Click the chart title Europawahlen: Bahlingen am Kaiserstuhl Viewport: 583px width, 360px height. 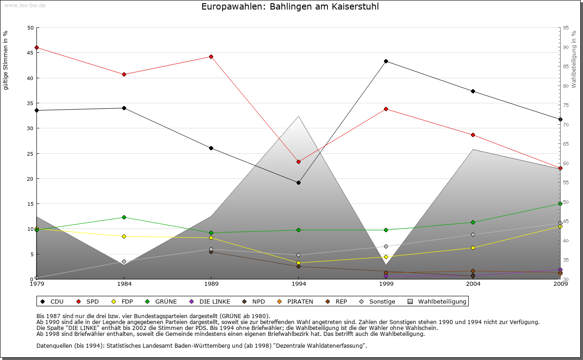pos(290,7)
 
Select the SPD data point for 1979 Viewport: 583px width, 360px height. pos(36,47)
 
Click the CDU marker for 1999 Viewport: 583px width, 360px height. pos(386,61)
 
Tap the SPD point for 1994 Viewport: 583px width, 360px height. pos(298,162)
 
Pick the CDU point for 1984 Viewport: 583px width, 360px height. pos(124,108)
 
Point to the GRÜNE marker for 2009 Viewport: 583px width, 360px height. pos(560,203)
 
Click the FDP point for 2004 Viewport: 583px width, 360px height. pos(473,248)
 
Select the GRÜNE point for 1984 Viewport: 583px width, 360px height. pos(124,217)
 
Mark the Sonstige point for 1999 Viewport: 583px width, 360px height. pos(386,246)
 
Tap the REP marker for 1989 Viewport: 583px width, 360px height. pos(211,252)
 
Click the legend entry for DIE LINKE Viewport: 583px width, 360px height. pos(210,301)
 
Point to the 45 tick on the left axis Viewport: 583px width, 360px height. pos(31,53)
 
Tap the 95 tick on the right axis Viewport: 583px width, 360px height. pos(565,28)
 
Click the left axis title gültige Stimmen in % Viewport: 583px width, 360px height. pos(6,60)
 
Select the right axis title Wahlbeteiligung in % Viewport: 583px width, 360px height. pos(574,59)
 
